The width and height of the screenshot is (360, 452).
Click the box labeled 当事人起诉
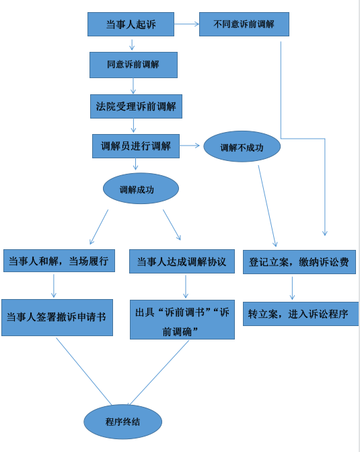(131, 24)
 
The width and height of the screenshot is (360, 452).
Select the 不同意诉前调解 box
(244, 24)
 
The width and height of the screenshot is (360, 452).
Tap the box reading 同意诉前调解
(133, 65)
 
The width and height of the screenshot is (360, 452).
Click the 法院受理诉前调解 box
(136, 106)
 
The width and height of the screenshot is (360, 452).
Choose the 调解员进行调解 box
(136, 146)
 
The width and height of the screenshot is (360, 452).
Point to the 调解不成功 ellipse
(242, 146)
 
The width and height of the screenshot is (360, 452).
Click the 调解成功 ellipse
(141, 189)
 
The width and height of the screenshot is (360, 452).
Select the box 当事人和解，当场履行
(59, 261)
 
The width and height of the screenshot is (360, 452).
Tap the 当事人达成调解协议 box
(182, 261)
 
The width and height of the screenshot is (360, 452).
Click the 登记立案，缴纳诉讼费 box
(299, 262)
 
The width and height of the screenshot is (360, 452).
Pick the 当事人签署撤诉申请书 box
(57, 318)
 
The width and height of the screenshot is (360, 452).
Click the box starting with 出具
(182, 320)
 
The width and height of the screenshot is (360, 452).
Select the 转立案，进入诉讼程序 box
(301, 314)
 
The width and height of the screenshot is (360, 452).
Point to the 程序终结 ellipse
(122, 422)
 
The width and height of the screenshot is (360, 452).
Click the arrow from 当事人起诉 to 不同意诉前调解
(186, 24)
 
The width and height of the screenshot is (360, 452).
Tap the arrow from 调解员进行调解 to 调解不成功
(190, 146)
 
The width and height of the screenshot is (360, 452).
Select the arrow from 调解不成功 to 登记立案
(267, 206)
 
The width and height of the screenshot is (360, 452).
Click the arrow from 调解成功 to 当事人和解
(99, 227)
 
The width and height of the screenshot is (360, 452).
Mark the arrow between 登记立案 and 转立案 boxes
(292, 288)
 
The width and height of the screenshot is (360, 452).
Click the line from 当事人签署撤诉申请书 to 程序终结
(83, 371)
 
